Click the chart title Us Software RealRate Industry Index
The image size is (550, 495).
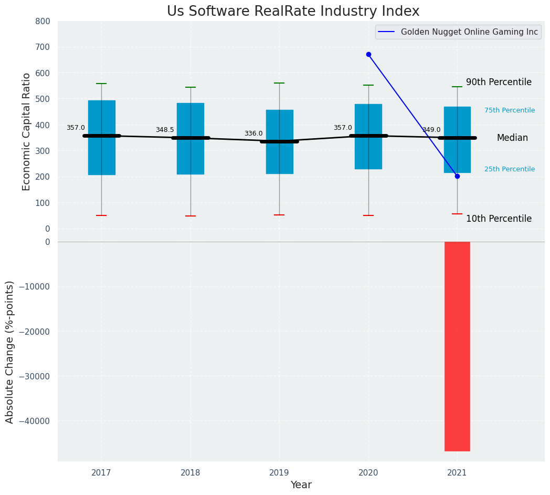[x=293, y=12]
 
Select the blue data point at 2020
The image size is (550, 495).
[x=368, y=54]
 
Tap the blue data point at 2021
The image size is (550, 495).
[x=457, y=176]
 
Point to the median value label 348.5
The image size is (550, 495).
[x=164, y=130]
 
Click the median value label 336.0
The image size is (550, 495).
[x=253, y=133]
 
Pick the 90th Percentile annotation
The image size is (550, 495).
[x=499, y=82]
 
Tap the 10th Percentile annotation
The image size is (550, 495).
[x=499, y=219]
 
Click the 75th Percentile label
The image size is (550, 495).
[x=510, y=110]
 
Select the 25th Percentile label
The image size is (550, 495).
[x=510, y=169]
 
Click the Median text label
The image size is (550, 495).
[x=512, y=138]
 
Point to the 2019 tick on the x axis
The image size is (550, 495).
[x=279, y=473]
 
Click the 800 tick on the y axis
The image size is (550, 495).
[x=43, y=21]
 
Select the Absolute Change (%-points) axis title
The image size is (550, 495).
[x=10, y=352]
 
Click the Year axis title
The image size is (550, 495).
[x=301, y=485]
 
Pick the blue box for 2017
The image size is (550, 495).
[x=101, y=158]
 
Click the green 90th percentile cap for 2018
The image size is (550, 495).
[x=191, y=87]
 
